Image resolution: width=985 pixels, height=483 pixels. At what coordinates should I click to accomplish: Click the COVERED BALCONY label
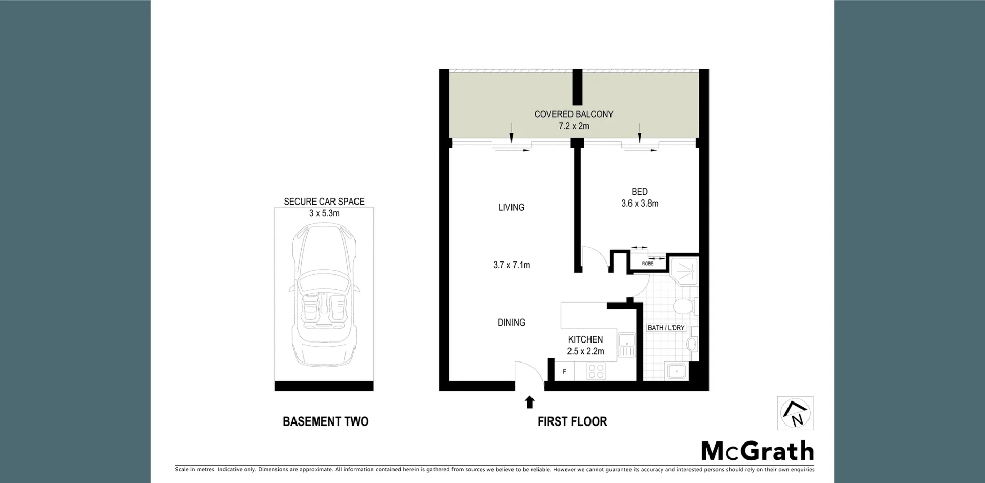tap(574, 114)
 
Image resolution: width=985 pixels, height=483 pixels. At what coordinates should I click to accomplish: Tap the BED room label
tap(639, 192)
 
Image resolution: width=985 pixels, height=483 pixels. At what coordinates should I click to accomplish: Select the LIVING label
tap(511, 207)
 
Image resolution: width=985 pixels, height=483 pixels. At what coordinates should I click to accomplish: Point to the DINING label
tap(511, 323)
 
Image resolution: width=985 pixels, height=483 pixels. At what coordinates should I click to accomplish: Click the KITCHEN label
tap(585, 339)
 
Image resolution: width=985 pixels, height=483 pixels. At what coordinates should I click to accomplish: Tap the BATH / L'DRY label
tap(666, 328)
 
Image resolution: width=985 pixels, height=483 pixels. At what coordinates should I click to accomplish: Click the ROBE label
tap(647, 264)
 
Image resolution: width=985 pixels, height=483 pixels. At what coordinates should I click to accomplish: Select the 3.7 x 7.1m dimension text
tap(511, 265)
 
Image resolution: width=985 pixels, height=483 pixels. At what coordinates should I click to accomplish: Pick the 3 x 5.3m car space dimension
tap(324, 213)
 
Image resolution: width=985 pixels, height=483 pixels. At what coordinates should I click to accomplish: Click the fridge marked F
tap(564, 371)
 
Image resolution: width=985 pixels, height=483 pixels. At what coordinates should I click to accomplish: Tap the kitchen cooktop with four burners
tap(596, 371)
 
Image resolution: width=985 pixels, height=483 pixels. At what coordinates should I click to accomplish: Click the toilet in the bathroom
tap(683, 307)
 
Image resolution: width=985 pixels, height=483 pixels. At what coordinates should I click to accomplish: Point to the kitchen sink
tap(627, 345)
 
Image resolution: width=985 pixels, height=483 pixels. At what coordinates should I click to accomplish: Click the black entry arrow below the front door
tap(529, 402)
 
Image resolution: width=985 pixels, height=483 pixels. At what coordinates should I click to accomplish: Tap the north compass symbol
tap(795, 413)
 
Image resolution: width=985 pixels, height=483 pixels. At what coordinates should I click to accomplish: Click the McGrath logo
tap(757, 451)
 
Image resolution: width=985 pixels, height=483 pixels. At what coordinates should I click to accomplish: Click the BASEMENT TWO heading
tap(325, 421)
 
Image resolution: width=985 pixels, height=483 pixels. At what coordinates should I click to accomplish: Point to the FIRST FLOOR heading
tap(572, 421)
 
